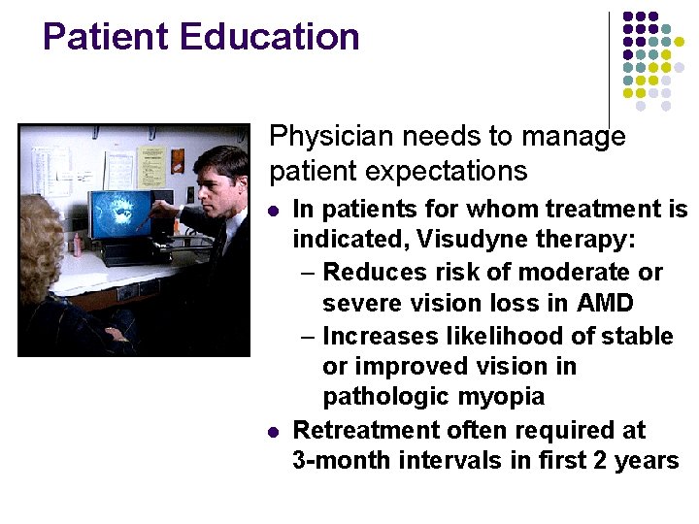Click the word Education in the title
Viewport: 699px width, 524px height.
coord(270,37)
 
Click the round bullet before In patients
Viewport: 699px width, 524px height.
coord(274,210)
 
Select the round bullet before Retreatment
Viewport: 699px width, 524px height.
coord(274,430)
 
